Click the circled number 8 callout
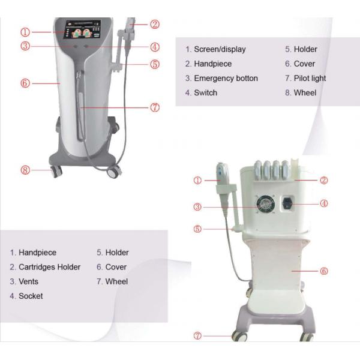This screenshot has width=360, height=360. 25,170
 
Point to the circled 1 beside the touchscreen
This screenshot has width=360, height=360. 25,31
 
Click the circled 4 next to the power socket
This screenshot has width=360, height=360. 324,203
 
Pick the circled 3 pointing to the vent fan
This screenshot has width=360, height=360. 197,207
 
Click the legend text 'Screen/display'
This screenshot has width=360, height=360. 220,49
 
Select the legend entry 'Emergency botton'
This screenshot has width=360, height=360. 226,78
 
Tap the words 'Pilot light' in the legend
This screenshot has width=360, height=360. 310,78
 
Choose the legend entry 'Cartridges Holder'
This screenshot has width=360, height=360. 49,267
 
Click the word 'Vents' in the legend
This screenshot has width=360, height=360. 28,281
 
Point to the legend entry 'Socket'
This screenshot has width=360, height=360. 31,296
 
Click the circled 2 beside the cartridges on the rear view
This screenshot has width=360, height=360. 324,180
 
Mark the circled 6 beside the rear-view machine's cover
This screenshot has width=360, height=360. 324,271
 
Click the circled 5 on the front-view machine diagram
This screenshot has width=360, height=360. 155,64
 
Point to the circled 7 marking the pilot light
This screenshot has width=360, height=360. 155,107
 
